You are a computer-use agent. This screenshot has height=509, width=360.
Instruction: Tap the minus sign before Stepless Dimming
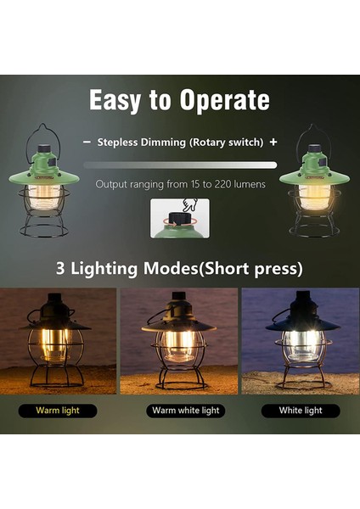coord(87,143)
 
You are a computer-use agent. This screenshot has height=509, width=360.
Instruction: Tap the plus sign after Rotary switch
coord(273,143)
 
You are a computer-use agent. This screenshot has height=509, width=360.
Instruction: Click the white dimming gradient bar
coord(180,165)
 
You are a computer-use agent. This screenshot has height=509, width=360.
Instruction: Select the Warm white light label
coord(185,411)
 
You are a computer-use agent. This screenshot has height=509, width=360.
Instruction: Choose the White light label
coord(301,411)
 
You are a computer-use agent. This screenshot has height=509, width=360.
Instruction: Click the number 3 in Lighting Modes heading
coord(61,270)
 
